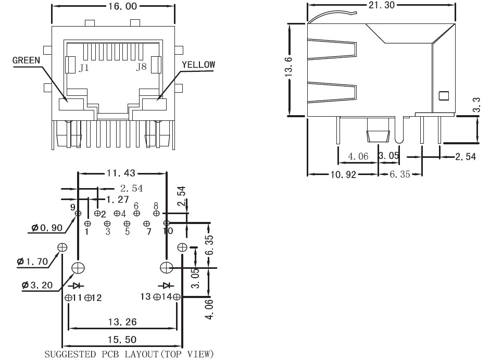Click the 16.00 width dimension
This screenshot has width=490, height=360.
pyautogui.click(x=122, y=6)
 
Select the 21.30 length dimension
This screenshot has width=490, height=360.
pyautogui.click(x=382, y=5)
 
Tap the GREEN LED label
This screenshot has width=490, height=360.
pyautogui.click(x=26, y=60)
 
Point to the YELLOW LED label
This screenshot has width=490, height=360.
pyautogui.click(x=198, y=65)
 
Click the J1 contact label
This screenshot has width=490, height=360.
pyautogui.click(x=84, y=68)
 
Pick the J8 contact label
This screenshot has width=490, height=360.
pyautogui.click(x=141, y=67)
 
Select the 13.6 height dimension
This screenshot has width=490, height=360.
pyautogui.click(x=288, y=67)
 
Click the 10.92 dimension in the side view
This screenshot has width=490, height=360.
pyautogui.click(x=344, y=174)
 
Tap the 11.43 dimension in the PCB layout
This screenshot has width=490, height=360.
pyautogui.click(x=121, y=173)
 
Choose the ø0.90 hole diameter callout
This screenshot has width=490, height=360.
pyautogui.click(x=47, y=228)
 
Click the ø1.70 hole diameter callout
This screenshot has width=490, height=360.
pyautogui.click(x=32, y=262)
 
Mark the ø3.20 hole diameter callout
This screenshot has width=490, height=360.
pyautogui.click(x=37, y=285)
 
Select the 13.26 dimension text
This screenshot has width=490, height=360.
pyautogui.click(x=122, y=321)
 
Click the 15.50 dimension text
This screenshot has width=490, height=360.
pyautogui.click(x=122, y=339)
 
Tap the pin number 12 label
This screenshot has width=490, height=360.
pyautogui.click(x=97, y=297)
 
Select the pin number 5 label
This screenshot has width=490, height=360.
pyautogui.click(x=127, y=231)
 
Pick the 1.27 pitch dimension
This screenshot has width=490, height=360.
pyautogui.click(x=118, y=199)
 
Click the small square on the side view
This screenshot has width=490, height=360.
pyautogui.click(x=444, y=96)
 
